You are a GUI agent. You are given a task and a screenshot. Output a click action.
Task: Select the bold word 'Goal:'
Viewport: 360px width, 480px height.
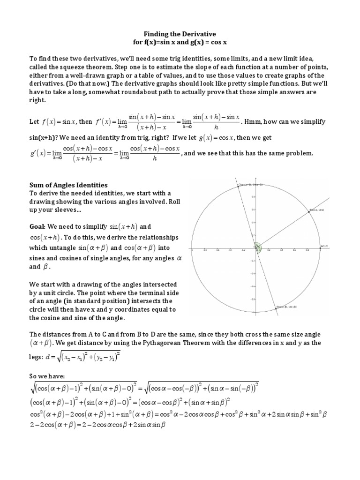[38, 226]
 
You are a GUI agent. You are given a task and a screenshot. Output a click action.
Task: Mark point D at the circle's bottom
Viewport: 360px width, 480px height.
[277, 308]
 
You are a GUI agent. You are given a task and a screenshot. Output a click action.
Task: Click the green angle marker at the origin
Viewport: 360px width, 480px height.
[257, 247]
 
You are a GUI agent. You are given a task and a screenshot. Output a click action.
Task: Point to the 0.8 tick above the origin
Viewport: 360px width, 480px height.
[253, 197]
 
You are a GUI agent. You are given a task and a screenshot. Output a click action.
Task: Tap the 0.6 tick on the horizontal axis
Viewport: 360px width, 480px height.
[294, 250]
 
